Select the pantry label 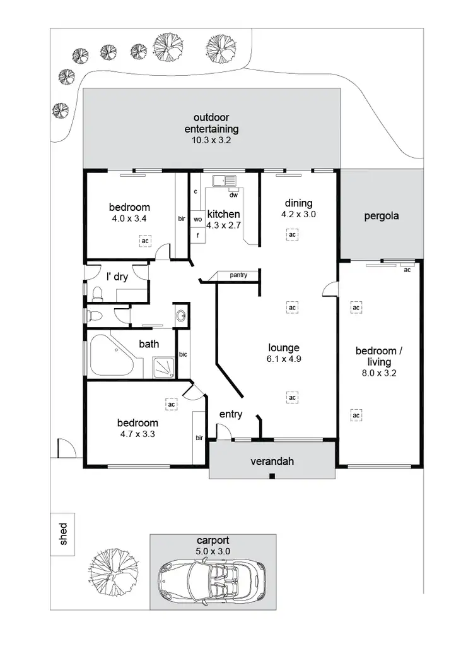[x=238, y=275]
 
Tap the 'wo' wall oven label [x=197, y=219]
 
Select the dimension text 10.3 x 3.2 [x=211, y=141]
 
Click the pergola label [x=382, y=216]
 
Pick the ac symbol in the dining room [x=292, y=234]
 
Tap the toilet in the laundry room [x=98, y=294]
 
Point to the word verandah [x=272, y=462]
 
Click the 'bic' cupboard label [x=184, y=355]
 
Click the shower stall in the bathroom [x=163, y=368]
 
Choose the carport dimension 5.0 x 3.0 [x=212, y=551]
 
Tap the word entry [x=231, y=414]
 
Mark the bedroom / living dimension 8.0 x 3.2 [x=376, y=373]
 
